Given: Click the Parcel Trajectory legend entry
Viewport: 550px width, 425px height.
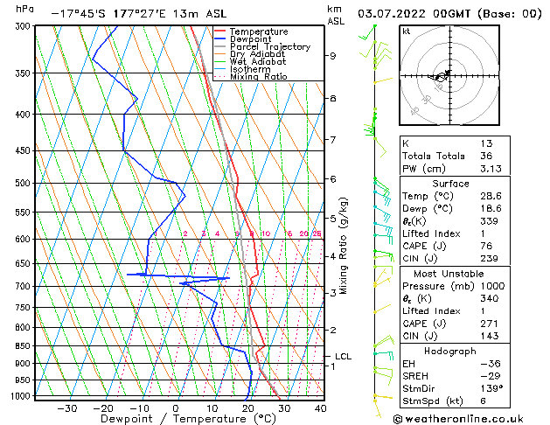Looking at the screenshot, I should pyautogui.click(x=269, y=46).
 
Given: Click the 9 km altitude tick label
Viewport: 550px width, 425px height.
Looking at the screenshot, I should pyautogui.click(x=333, y=56).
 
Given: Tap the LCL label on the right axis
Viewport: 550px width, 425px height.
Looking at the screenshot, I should pyautogui.click(x=343, y=357).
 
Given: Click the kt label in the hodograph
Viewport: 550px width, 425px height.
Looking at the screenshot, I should pyautogui.click(x=407, y=31).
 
